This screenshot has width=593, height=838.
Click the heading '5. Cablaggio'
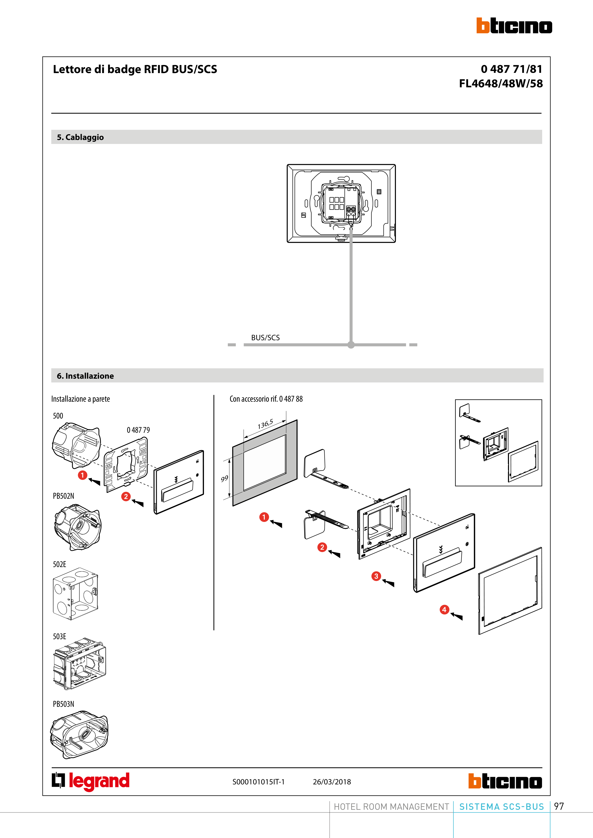tap(80, 137)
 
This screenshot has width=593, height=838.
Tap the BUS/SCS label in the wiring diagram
tap(265, 338)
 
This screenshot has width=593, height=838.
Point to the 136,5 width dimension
tap(265, 424)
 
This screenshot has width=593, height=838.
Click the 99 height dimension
tap(224, 479)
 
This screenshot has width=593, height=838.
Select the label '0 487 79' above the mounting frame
tap(138, 430)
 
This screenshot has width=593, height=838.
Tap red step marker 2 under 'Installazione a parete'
tap(126, 496)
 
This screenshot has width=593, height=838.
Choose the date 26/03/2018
tap(332, 782)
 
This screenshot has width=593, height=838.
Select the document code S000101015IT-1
tap(258, 782)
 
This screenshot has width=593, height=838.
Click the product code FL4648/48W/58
tap(501, 84)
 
